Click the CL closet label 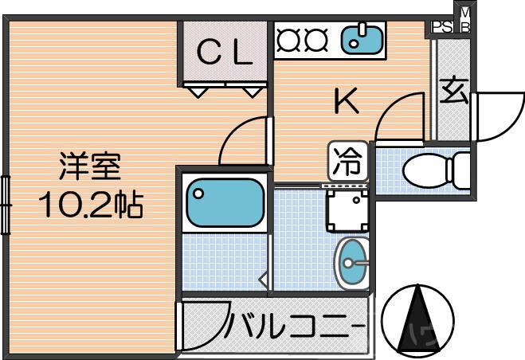(225, 53)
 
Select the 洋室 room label (89, 170)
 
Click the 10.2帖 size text (89, 206)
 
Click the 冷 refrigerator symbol (347, 162)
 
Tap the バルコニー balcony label (294, 327)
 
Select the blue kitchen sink (361, 39)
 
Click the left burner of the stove (288, 39)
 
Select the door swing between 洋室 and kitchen (243, 139)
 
